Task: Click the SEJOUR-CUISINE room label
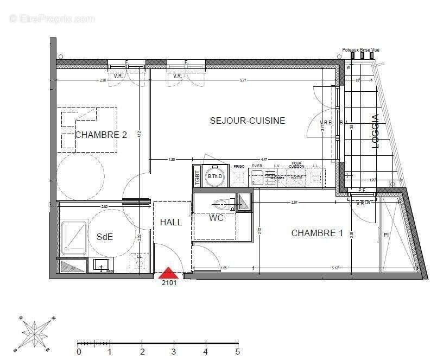pyautogui.click(x=247, y=121)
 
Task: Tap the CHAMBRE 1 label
pyautogui.click(x=317, y=233)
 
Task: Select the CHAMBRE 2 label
pyautogui.click(x=101, y=135)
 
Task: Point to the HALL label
pyautogui.click(x=170, y=222)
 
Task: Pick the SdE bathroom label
pyautogui.click(x=105, y=237)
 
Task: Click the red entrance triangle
pyautogui.click(x=169, y=272)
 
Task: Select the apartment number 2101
pyautogui.click(x=169, y=282)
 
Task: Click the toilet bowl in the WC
pyautogui.click(x=221, y=205)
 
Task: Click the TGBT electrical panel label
pyautogui.click(x=197, y=176)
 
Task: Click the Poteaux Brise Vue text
pyautogui.click(x=360, y=50)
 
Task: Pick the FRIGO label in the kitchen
pyautogui.click(x=239, y=166)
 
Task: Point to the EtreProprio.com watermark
pyautogui.click(x=52, y=18)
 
